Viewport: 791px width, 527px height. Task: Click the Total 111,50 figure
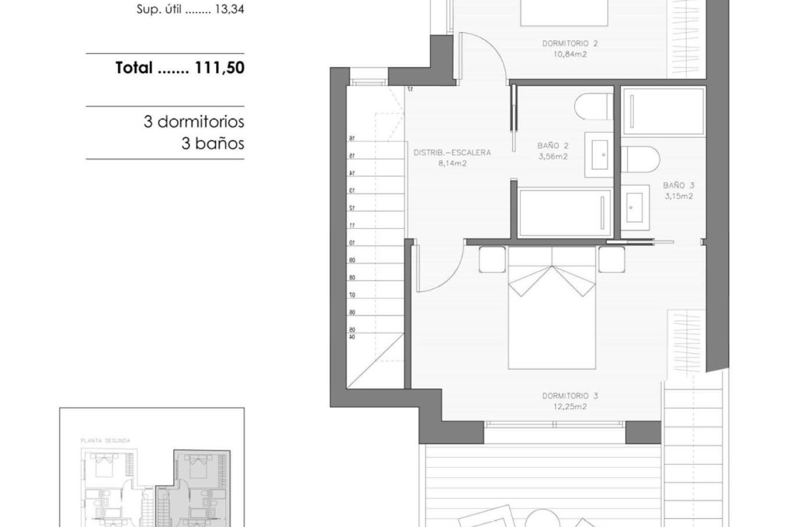(180, 68)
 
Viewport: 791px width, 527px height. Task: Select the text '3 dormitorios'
(194, 122)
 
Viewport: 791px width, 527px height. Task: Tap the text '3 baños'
(213, 144)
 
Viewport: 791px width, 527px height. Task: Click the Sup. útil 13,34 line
(190, 9)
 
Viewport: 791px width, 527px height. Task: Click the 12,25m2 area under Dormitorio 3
(570, 407)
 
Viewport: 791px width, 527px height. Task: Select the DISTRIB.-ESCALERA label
(452, 153)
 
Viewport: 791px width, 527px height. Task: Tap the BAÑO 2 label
(553, 146)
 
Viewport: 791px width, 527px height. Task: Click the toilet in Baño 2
(593, 107)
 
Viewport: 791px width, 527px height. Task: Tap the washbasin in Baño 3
(634, 208)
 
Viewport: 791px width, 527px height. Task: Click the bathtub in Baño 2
(564, 213)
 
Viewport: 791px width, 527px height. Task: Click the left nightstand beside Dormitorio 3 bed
(492, 259)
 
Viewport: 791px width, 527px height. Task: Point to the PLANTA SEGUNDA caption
(105, 441)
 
